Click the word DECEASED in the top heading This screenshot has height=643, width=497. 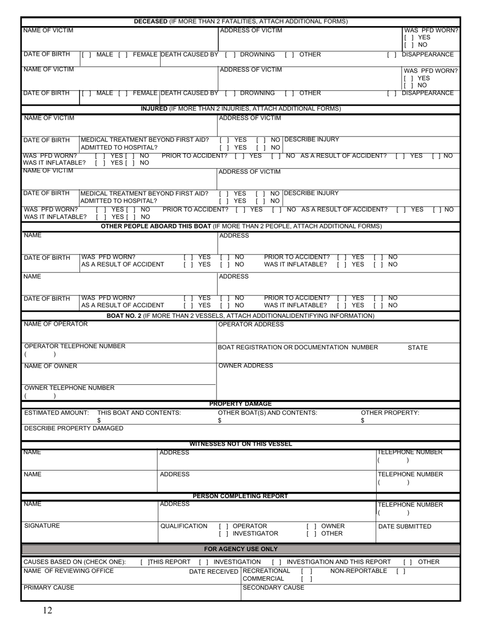pyautogui.click(x=151, y=21)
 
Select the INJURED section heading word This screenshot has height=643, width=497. pyautogui.click(x=154, y=109)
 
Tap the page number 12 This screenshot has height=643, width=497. pyautogui.click(x=48, y=610)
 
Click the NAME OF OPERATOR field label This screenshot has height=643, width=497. pyautogui.click(x=56, y=324)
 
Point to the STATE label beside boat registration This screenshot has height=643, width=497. pyautogui.click(x=417, y=348)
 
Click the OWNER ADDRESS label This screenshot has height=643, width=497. pyautogui.click(x=245, y=366)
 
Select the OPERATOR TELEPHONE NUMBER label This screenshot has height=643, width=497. pyautogui.click(x=75, y=347)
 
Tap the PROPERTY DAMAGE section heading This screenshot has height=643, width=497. pyautogui.click(x=241, y=404)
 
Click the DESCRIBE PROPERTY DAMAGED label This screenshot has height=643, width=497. pyautogui.click(x=74, y=429)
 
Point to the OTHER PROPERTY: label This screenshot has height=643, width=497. pyautogui.click(x=390, y=413)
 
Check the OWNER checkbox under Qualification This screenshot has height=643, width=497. pyautogui.click(x=311, y=526)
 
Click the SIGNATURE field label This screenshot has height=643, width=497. pyautogui.click(x=42, y=526)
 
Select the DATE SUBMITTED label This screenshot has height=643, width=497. pyautogui.click(x=404, y=526)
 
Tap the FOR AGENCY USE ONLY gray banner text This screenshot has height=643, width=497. pyautogui.click(x=241, y=549)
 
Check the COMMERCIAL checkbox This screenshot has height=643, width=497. pyautogui.click(x=307, y=579)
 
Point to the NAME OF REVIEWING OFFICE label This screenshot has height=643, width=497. pyautogui.click(x=69, y=571)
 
